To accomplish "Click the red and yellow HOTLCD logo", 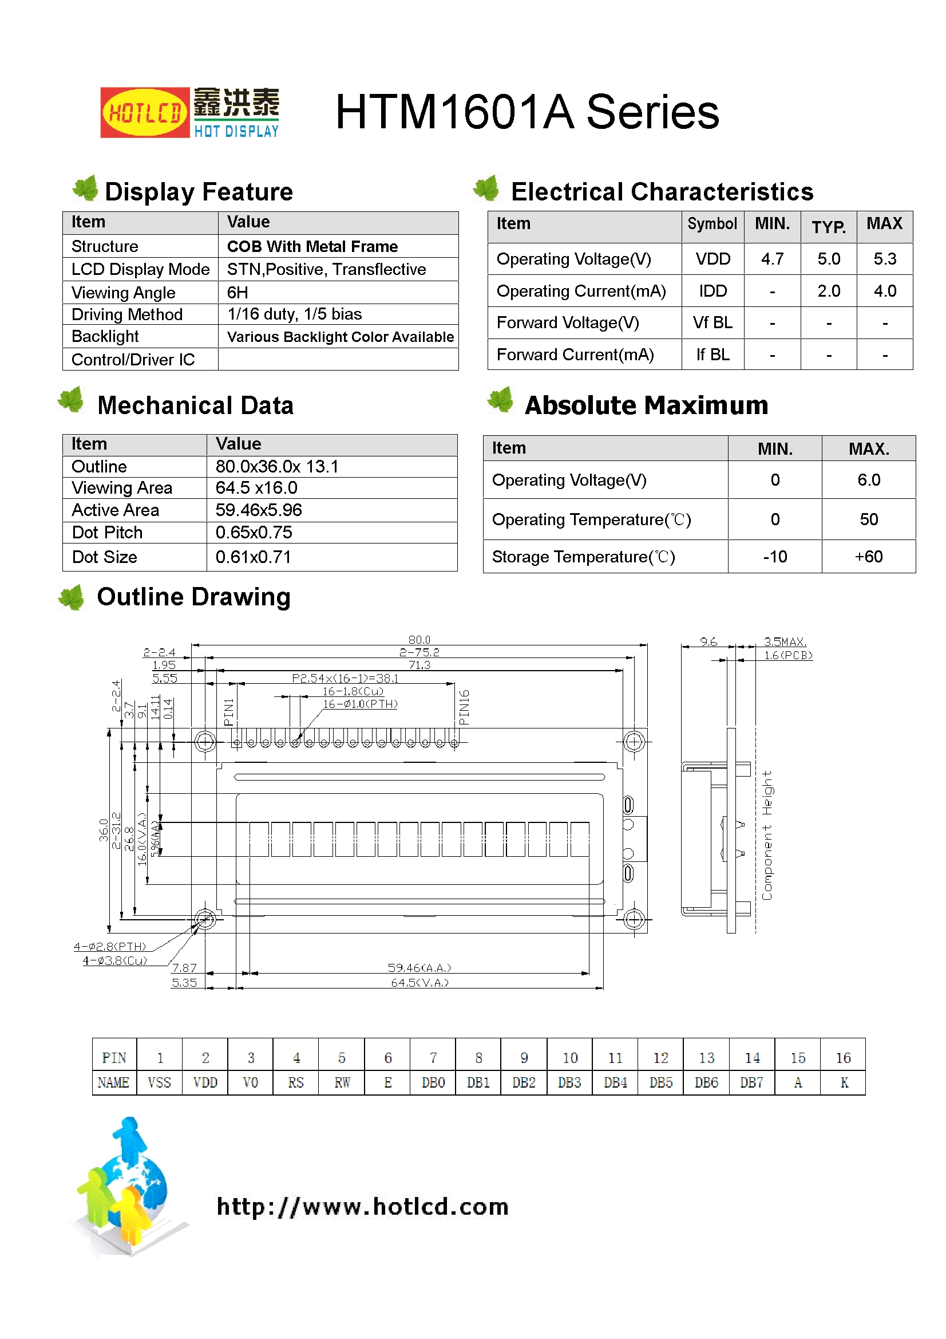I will coord(145,113).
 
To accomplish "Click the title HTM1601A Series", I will coord(527,112).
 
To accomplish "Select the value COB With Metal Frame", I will coord(312,247).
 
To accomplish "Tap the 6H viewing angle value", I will coord(238,293).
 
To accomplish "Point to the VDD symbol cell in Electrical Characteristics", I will coord(713,259).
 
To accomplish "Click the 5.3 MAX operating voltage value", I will coord(884,259).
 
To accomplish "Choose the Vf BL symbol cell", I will coord(713,322).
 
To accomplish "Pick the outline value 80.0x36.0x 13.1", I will coord(276,467).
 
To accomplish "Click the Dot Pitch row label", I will coord(107,533).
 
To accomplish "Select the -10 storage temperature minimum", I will coord(775,557).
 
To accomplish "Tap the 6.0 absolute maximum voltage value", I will coord(868,480).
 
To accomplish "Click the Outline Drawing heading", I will coord(193,597).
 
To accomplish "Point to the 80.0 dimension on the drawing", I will coord(419,640).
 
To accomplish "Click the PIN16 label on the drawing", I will coord(464,707).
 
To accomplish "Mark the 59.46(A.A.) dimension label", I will coord(419,968).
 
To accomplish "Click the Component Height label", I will coord(767,835).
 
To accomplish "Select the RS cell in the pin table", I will coord(295,1083).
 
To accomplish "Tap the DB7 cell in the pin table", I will coord(751,1083).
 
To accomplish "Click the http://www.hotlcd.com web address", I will coord(362,1207).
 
